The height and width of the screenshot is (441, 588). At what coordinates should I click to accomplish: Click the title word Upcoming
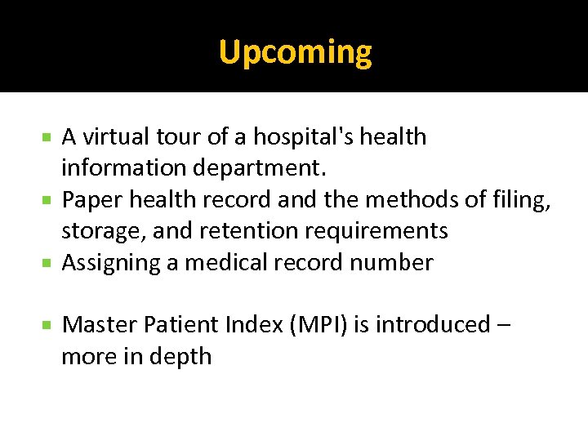coord(295,53)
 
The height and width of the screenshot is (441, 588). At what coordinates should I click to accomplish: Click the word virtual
coord(111,136)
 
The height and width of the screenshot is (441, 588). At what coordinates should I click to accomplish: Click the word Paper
coord(92,200)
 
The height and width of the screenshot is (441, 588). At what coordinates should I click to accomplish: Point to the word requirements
coord(376,231)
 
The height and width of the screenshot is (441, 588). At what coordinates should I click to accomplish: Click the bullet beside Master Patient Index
coord(49,325)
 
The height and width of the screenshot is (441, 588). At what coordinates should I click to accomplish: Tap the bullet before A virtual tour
coord(49,136)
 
